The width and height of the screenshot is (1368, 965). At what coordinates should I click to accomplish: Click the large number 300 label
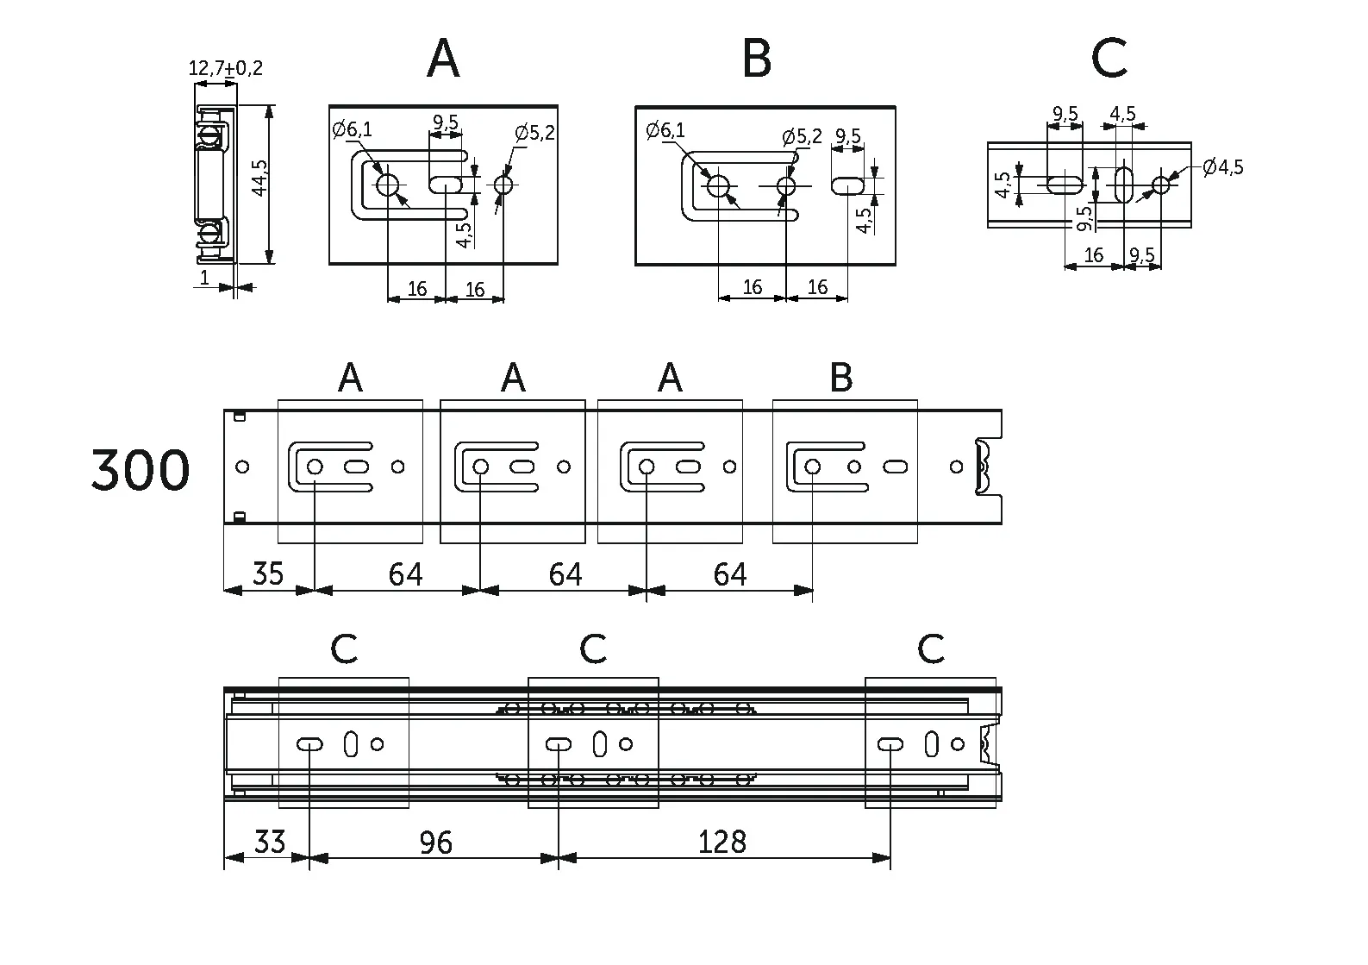141,471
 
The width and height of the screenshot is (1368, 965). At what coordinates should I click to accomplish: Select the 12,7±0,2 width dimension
225,68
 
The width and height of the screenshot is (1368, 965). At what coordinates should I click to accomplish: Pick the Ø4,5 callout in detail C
1222,166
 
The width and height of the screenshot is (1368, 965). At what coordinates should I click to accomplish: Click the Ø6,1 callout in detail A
353,130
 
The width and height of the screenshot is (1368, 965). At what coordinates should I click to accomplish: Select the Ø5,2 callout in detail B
802,136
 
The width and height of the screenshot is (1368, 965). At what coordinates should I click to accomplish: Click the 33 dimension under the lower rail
270,841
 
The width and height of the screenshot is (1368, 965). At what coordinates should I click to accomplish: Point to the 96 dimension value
435,842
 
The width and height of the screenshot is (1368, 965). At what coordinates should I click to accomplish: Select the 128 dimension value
722,842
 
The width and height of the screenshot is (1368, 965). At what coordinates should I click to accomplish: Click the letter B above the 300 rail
840,378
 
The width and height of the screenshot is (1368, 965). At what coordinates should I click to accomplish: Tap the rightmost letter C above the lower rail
931,649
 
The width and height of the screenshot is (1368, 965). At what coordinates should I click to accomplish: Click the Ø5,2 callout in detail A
534,133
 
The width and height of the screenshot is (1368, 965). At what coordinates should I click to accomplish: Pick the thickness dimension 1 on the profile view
204,277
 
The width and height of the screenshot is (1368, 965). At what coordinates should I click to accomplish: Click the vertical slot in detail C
1124,185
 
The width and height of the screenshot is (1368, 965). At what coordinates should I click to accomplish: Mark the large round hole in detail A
388,185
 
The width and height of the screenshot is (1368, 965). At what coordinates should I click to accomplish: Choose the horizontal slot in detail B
848,185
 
